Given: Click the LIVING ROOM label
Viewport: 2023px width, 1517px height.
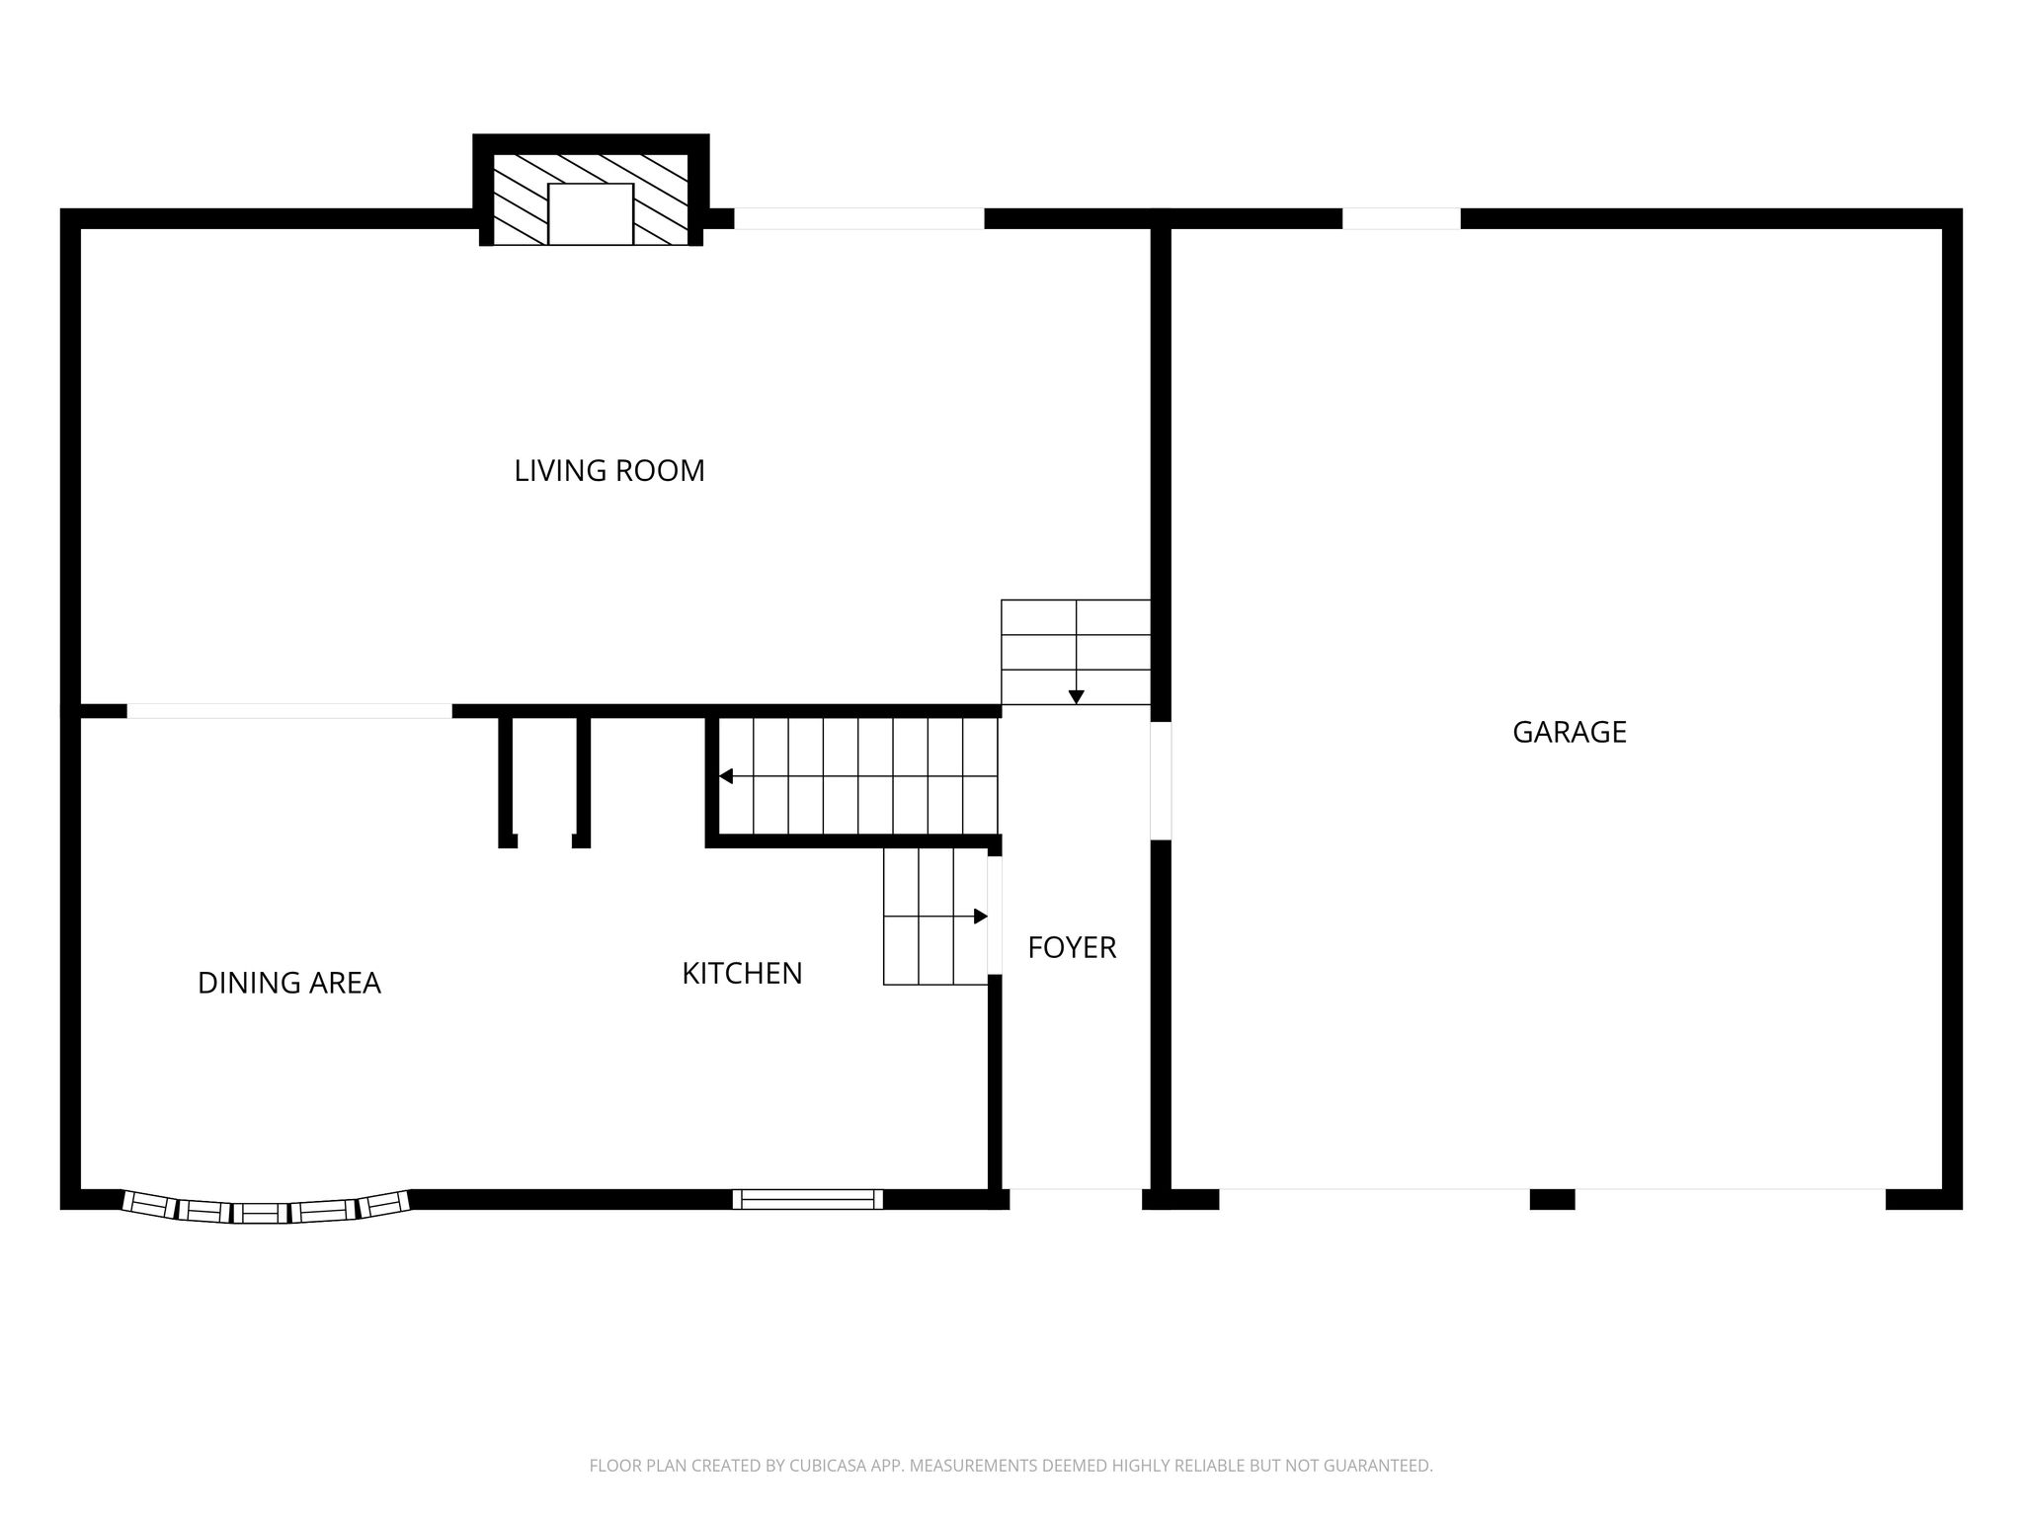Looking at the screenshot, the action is coord(609,470).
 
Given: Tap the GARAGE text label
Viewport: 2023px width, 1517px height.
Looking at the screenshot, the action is coord(1570,732).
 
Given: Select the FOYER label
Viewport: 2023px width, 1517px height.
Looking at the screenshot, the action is coord(1072,947).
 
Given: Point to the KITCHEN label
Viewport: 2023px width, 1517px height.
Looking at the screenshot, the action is coord(742,973).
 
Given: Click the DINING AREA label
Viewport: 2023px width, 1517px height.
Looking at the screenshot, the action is coord(289,983).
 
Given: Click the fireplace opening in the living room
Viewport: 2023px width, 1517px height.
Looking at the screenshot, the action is coord(591,213).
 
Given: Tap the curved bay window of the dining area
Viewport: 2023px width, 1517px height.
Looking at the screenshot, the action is coord(266,1209).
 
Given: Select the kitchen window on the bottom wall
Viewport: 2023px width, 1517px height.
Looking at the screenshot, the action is coord(808,1199).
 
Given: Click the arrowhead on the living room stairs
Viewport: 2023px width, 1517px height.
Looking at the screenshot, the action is coord(1076,697).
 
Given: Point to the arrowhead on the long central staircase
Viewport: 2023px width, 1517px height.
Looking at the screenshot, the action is coord(726,776).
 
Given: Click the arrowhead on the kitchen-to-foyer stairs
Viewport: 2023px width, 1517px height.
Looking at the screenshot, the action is coord(981,917).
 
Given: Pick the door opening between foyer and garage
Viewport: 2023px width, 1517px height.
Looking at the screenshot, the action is coord(1161,781).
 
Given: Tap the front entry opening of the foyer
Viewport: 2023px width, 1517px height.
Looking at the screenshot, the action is coord(1076,1199).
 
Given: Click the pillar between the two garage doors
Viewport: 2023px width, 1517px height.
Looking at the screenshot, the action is coord(1552,1199).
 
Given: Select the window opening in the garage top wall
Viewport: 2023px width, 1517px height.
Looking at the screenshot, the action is coord(1402,218).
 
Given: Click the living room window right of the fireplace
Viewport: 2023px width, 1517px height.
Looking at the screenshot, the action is coord(859,218).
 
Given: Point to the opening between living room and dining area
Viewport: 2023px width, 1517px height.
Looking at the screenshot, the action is coord(289,711).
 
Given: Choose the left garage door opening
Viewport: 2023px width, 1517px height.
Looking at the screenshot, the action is coord(1374,1199).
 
